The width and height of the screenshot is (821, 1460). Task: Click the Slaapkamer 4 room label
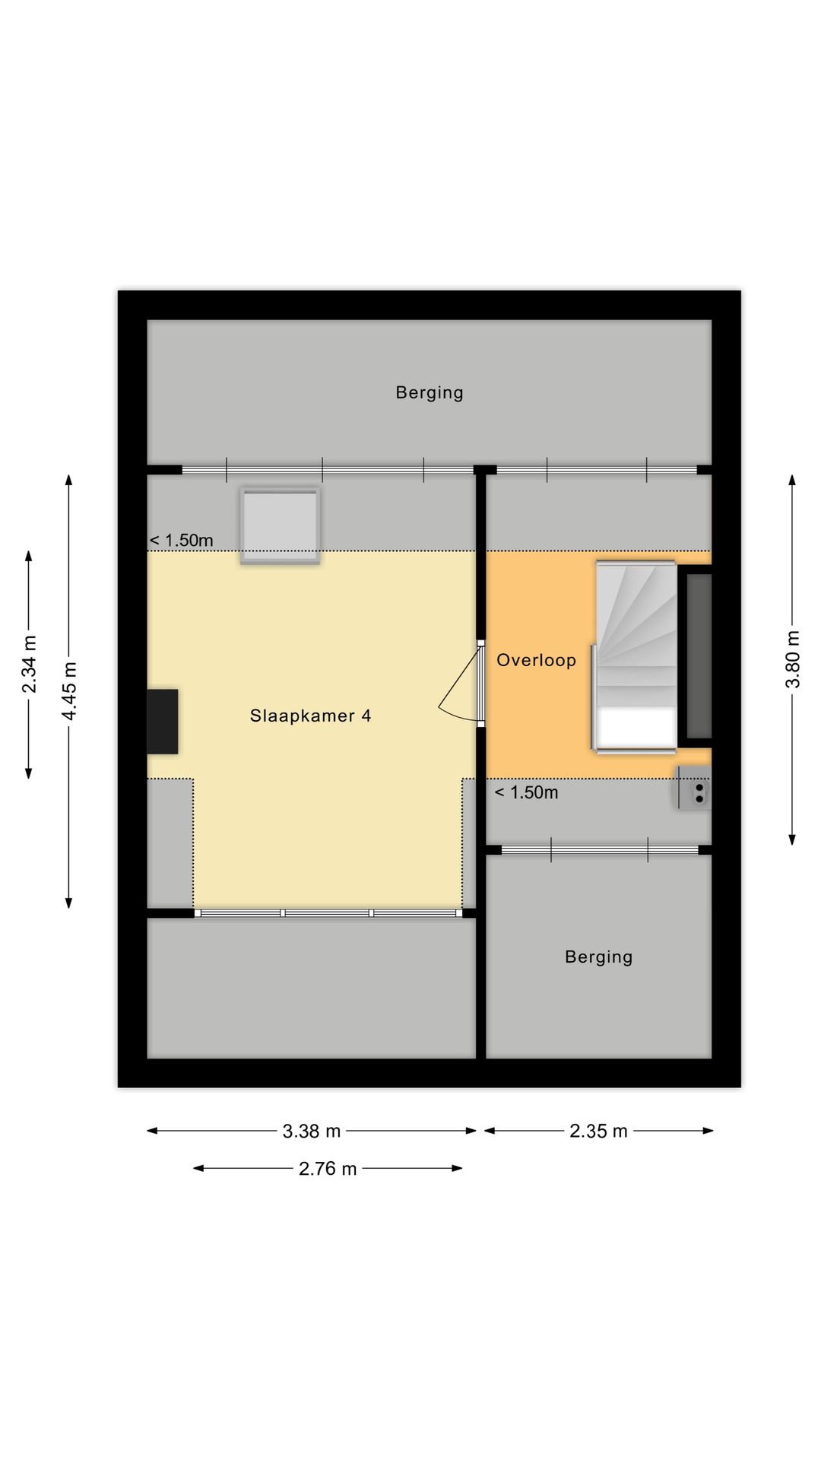310,716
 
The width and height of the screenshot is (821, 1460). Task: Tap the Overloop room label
536,660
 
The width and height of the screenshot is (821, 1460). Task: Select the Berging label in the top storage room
429,392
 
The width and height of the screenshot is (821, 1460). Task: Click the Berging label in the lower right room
598,957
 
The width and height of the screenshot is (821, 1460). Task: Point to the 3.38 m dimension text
311,1131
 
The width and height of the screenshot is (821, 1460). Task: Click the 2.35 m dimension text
598,1131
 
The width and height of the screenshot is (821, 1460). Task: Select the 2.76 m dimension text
327,1168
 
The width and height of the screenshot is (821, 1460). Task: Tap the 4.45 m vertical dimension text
69,690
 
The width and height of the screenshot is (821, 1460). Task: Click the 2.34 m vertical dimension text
29,664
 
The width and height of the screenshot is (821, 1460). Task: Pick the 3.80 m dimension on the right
792,659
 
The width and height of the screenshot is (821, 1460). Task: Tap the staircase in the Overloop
636,631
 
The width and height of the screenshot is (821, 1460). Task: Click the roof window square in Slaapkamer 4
280,525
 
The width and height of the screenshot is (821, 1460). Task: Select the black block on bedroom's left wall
162,721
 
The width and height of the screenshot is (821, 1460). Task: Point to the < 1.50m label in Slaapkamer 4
181,541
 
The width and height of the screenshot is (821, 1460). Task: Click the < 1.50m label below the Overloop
526,792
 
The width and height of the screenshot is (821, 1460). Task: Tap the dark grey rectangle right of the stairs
699,655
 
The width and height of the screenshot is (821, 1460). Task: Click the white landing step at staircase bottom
636,728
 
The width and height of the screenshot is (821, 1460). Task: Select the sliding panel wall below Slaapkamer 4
328,912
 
